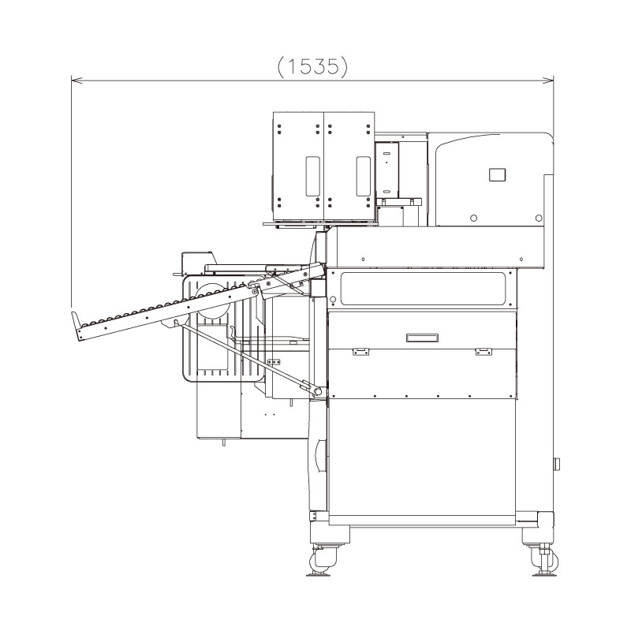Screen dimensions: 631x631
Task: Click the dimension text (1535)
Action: (313, 67)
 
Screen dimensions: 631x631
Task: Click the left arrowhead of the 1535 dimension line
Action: (74, 79)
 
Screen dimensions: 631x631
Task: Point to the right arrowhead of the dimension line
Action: (551, 79)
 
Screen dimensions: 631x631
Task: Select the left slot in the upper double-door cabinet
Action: (312, 176)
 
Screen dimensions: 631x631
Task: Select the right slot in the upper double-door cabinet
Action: (363, 176)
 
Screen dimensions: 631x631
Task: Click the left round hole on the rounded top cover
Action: (473, 218)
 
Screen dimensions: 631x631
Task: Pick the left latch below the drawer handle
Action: (360, 351)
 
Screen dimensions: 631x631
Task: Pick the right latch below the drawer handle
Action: (484, 351)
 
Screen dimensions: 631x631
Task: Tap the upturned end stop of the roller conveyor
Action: (77, 327)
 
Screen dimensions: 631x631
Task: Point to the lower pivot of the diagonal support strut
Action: (317, 391)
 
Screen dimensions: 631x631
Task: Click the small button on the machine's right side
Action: (556, 464)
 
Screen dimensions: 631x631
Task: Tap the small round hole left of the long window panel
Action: (333, 300)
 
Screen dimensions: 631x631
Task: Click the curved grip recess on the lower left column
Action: (319, 456)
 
